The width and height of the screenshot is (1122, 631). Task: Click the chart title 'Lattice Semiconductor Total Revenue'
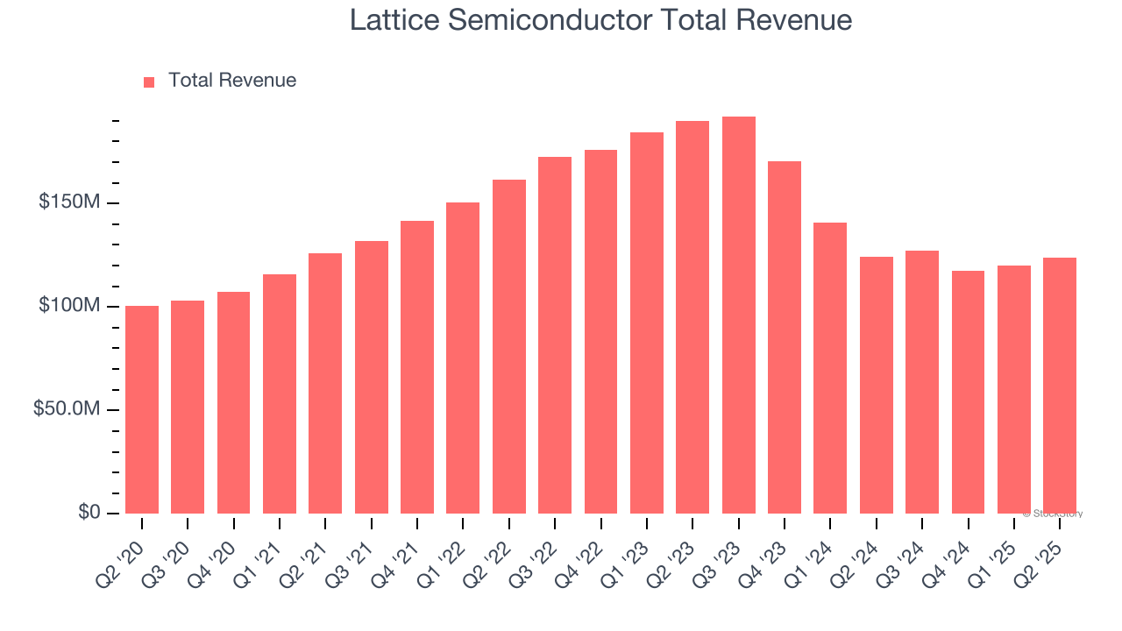(x=600, y=20)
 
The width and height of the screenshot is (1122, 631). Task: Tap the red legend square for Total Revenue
(x=149, y=82)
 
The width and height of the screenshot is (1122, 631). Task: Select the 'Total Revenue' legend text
(x=232, y=81)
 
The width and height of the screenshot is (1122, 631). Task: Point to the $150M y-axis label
(x=68, y=203)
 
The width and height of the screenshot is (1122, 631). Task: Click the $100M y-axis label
(x=68, y=306)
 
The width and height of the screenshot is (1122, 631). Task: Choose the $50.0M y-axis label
(x=67, y=409)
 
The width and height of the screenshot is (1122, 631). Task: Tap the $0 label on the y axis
(x=89, y=512)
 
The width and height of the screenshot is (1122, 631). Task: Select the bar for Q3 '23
(x=738, y=315)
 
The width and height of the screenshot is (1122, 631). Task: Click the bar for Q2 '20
(x=142, y=409)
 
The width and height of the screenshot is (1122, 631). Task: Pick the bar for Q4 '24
(x=968, y=392)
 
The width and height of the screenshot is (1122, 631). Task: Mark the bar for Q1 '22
(x=463, y=358)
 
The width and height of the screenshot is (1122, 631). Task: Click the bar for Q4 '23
(x=785, y=337)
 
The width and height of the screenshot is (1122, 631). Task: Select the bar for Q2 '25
(x=1060, y=386)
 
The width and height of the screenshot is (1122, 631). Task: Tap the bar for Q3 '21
(x=371, y=377)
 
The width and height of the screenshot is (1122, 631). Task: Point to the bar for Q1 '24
(x=830, y=368)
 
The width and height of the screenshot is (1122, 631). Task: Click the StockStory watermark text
(x=1053, y=514)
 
